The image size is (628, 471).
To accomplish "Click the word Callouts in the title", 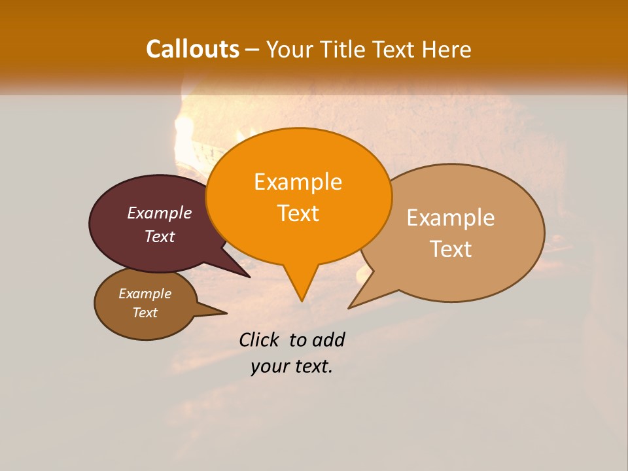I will point(192,49).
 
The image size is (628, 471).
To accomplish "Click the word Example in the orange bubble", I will point(298,182).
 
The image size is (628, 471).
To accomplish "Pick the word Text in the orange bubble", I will point(298,213).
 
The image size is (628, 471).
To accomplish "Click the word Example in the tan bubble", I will point(451,218).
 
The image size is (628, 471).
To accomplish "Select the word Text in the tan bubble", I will point(451,249).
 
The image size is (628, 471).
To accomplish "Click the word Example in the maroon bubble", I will point(160,213).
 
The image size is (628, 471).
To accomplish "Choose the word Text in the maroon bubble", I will point(160,237).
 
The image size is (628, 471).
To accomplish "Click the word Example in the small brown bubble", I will point(145,294).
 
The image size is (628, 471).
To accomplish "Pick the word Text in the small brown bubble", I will point(145,313).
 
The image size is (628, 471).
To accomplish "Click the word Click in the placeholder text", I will point(260,340).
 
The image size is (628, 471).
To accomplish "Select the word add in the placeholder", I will point(328,340).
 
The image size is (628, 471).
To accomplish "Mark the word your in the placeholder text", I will point(268,367).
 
